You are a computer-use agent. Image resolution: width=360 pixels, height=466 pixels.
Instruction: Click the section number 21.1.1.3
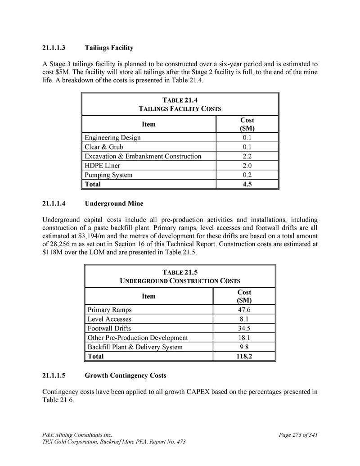click(54, 47)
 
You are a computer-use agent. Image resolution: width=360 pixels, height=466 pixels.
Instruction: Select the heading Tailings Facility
click(109, 47)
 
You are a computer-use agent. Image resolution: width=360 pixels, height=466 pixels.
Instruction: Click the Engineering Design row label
click(112, 137)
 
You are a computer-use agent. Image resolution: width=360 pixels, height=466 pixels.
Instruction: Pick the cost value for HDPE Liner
click(247, 165)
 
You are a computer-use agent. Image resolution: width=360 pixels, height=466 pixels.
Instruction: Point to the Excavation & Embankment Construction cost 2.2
click(247, 156)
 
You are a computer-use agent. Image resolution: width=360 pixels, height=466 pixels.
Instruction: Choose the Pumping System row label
click(108, 175)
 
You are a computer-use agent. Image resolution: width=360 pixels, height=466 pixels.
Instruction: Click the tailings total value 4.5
click(247, 184)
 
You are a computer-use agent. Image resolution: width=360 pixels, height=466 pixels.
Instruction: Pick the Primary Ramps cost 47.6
click(244, 310)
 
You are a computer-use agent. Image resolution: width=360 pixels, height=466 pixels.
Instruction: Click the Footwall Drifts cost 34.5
click(244, 328)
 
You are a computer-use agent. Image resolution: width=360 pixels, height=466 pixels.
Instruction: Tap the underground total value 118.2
click(244, 356)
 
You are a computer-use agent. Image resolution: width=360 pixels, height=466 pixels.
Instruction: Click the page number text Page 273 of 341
click(298, 435)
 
